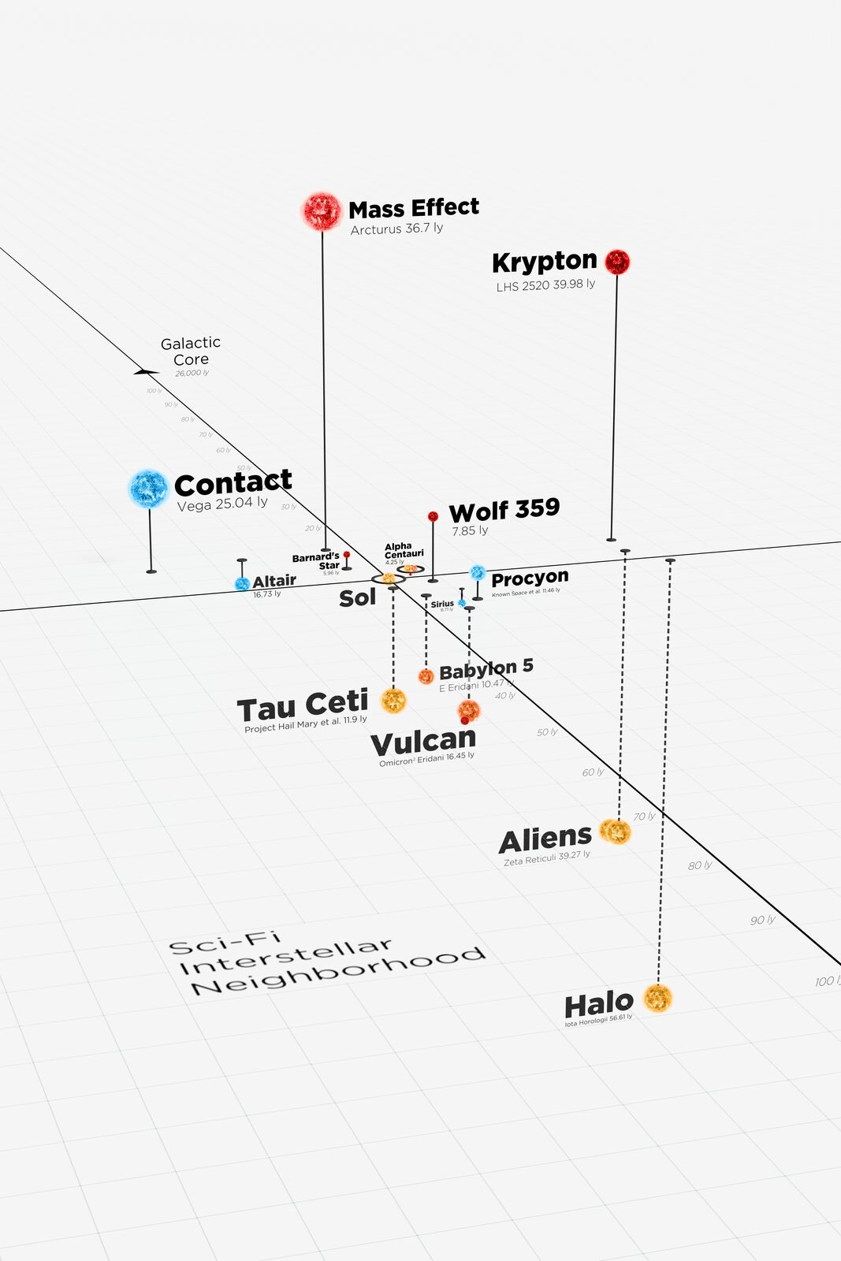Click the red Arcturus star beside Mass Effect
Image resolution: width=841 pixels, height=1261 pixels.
click(322, 211)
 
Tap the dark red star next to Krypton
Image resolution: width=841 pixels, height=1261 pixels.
click(617, 262)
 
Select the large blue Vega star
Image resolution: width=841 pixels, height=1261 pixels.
click(149, 489)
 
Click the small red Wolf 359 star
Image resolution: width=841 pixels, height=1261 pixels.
click(433, 516)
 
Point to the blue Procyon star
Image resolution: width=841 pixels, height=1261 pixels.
click(478, 573)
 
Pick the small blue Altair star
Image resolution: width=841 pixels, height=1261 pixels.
click(242, 584)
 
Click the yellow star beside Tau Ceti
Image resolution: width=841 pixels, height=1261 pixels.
click(393, 700)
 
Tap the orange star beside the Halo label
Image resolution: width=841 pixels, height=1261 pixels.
click(657, 998)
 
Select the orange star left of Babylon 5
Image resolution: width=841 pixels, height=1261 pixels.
click(426, 675)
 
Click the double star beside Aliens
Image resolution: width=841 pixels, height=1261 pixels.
click(615, 831)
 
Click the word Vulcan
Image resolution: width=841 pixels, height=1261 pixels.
click(423, 742)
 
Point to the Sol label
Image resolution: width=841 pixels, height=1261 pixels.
click(357, 598)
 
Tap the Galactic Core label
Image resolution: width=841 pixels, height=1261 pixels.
click(191, 352)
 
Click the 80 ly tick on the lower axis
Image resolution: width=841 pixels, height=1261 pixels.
click(699, 865)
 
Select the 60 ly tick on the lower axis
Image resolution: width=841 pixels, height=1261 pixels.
click(593, 772)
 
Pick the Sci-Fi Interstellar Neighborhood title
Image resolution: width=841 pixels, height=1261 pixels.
click(327, 965)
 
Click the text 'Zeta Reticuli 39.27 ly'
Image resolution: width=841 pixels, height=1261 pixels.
click(547, 858)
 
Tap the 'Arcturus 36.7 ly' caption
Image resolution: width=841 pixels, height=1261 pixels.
click(396, 229)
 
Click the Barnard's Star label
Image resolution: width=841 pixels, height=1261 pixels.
click(317, 561)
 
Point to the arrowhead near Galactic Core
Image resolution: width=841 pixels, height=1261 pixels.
click(144, 371)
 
